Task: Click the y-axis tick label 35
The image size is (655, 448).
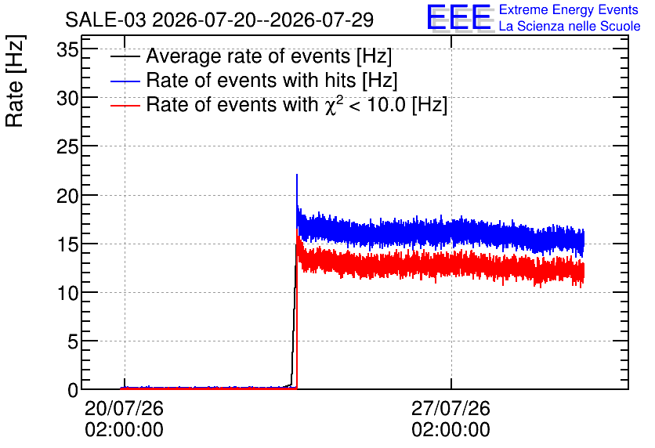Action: click(x=67, y=50)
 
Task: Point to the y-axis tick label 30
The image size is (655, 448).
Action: click(x=67, y=99)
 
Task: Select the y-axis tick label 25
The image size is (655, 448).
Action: click(x=67, y=147)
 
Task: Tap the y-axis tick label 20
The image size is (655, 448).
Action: click(x=67, y=196)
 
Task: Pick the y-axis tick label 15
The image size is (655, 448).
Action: click(x=67, y=244)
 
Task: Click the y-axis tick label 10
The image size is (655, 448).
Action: click(x=67, y=294)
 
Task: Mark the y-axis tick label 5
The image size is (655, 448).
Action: click(x=73, y=342)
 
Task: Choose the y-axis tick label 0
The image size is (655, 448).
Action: click(x=73, y=391)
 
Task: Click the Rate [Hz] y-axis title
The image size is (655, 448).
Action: click(x=15, y=81)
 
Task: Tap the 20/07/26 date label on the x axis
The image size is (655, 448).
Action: click(x=124, y=408)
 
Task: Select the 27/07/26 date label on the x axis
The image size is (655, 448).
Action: click(x=451, y=408)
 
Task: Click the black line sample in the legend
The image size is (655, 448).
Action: click(x=125, y=56)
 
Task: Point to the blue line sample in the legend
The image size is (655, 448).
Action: click(x=125, y=81)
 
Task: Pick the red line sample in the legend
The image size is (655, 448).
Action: click(x=125, y=105)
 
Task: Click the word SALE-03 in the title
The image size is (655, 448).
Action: click(x=106, y=20)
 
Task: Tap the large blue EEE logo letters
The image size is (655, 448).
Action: click(x=459, y=17)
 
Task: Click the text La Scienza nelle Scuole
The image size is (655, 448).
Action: click(x=570, y=27)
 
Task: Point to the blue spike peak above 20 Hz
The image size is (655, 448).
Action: click(x=297, y=175)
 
